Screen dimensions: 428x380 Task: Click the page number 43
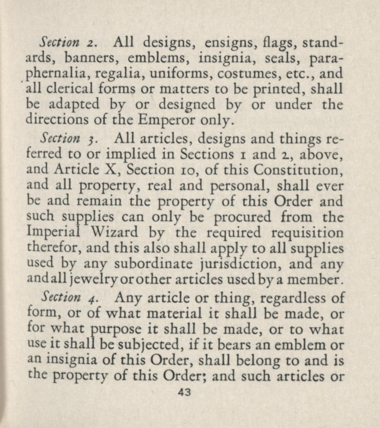184,393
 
